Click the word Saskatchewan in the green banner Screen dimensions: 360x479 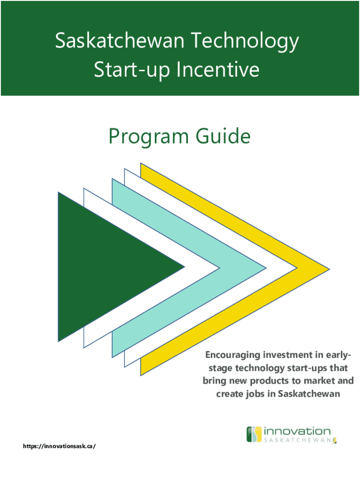(x=120, y=41)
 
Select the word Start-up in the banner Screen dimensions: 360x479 (x=131, y=70)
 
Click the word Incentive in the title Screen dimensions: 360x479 (x=218, y=69)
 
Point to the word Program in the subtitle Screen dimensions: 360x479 (x=149, y=137)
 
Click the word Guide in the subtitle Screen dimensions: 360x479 (x=223, y=136)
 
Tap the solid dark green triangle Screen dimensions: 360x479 (x=104, y=267)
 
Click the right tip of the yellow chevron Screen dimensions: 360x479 (x=330, y=269)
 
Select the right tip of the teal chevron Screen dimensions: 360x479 (x=266, y=268)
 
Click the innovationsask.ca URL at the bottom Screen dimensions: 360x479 (x=59, y=446)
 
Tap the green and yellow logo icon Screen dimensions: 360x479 (x=254, y=435)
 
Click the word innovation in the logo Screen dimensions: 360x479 (x=297, y=431)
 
